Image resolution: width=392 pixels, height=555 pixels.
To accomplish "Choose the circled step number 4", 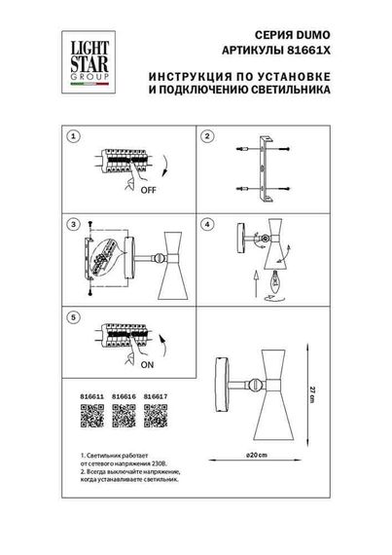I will point(208,225).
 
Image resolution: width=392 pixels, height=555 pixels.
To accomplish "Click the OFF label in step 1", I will point(150,191).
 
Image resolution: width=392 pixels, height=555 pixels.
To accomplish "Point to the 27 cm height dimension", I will point(336,390).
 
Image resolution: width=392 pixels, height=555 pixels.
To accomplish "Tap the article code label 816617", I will point(156,397).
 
